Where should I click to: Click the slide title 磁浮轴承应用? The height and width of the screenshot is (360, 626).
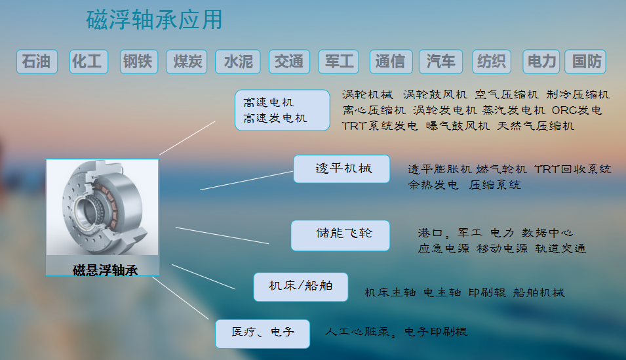point(154,20)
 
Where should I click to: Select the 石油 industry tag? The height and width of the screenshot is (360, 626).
point(37,62)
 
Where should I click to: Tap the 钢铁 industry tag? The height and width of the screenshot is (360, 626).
point(139,62)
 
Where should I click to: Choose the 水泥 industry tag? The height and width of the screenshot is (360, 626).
point(238,62)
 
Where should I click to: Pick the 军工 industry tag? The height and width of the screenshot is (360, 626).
point(339,62)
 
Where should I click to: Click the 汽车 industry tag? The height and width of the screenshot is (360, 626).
point(440,62)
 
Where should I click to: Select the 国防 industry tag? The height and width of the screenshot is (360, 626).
point(585,62)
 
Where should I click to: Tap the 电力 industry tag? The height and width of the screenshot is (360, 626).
point(541,62)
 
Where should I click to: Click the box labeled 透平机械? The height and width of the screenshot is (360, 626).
point(342,169)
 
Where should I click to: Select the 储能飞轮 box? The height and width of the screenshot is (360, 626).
point(341,235)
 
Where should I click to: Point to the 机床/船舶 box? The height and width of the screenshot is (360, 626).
point(301,287)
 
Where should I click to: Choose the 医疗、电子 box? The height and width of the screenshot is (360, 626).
point(263,334)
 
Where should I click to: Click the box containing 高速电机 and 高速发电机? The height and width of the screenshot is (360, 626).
point(283,110)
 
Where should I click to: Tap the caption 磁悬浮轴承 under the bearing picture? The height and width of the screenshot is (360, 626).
point(105,270)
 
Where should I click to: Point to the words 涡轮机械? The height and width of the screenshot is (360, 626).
point(368,94)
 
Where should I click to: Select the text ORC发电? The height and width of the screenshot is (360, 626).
point(576,110)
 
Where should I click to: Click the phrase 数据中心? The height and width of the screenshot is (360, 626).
point(547,233)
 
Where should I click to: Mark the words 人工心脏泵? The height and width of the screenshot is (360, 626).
point(357,332)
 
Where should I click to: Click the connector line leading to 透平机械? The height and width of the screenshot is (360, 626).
point(246,180)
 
